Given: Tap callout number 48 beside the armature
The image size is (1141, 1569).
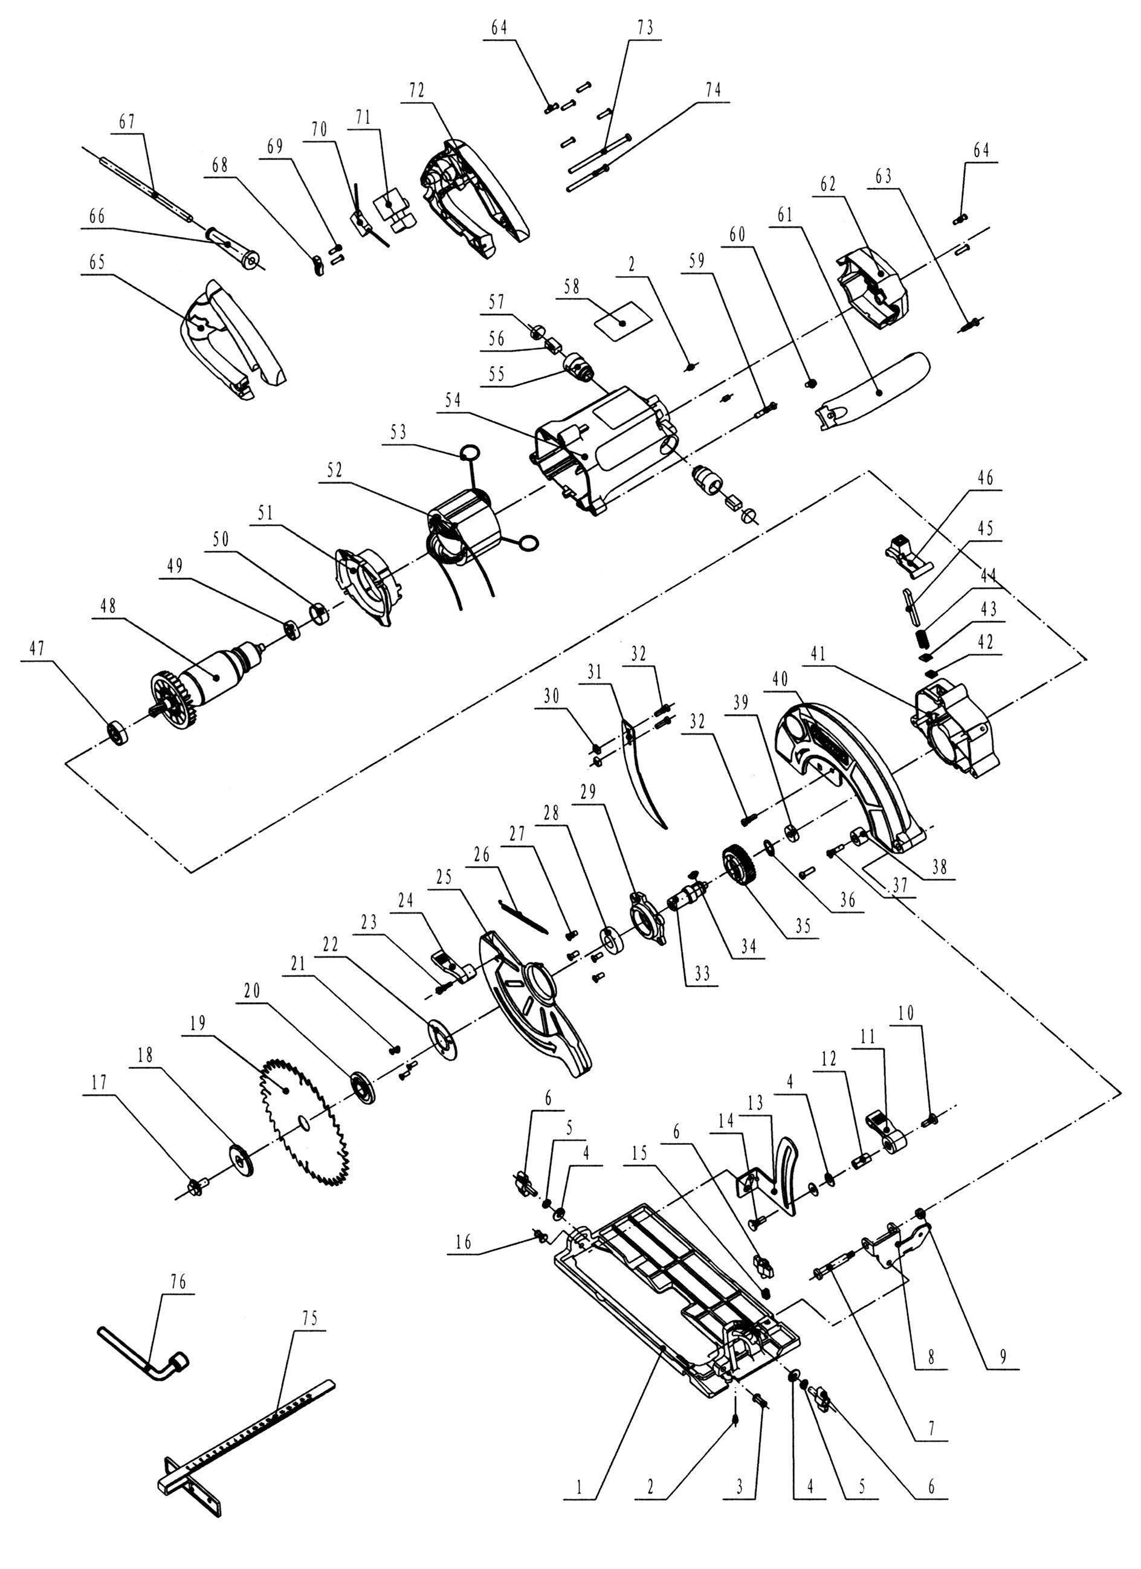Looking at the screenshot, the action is click(109, 606).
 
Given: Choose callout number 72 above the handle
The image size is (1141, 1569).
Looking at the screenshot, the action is click(416, 91).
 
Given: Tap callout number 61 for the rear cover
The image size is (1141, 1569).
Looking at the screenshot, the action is click(784, 216).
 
